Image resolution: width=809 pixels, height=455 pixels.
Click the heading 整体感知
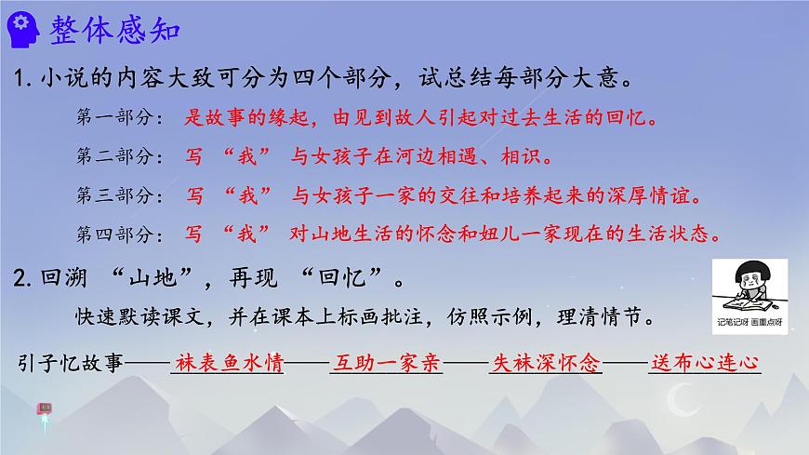(117, 30)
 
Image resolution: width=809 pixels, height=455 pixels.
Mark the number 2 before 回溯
(24, 276)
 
